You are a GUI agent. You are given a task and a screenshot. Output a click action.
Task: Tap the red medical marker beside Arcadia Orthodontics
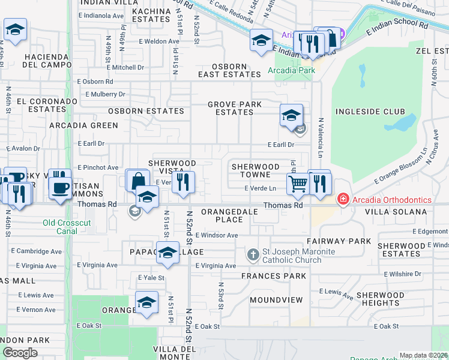click(x=343, y=199)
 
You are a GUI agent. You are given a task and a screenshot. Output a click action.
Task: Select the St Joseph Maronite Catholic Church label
click(x=291, y=255)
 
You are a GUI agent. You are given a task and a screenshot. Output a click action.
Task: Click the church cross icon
click(x=253, y=255)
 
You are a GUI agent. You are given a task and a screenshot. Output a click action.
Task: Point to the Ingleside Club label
click(x=370, y=112)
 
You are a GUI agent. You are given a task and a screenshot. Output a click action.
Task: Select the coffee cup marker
click(x=59, y=187)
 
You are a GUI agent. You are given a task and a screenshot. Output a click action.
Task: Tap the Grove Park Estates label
click(x=235, y=108)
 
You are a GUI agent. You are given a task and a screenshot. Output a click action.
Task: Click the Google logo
click(x=20, y=353)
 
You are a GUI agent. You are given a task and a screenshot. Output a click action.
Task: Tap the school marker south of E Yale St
click(x=146, y=303)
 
